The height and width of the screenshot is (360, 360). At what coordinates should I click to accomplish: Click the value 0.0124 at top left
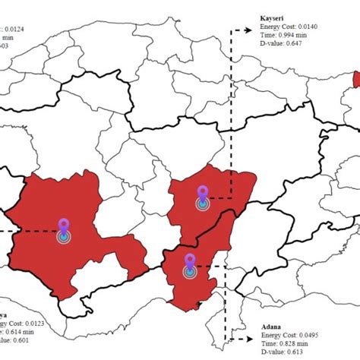click(x=23, y=29)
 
